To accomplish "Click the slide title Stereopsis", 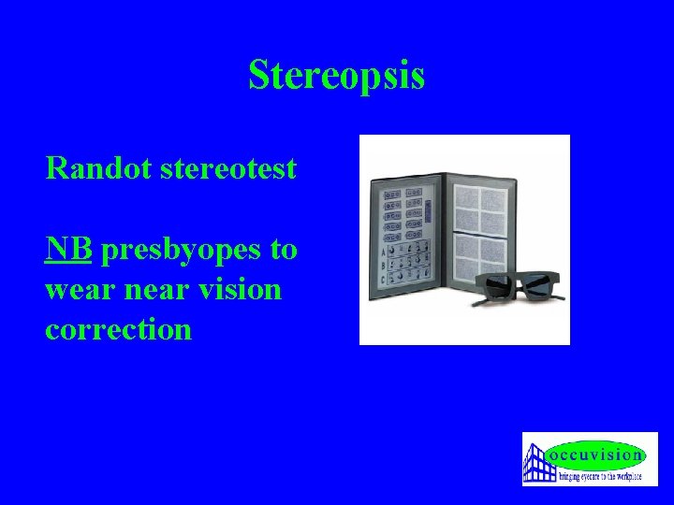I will coord(336,76).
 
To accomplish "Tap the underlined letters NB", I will coord(68,250).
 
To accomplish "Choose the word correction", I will coord(118,329).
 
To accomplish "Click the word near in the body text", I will coord(163,290).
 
